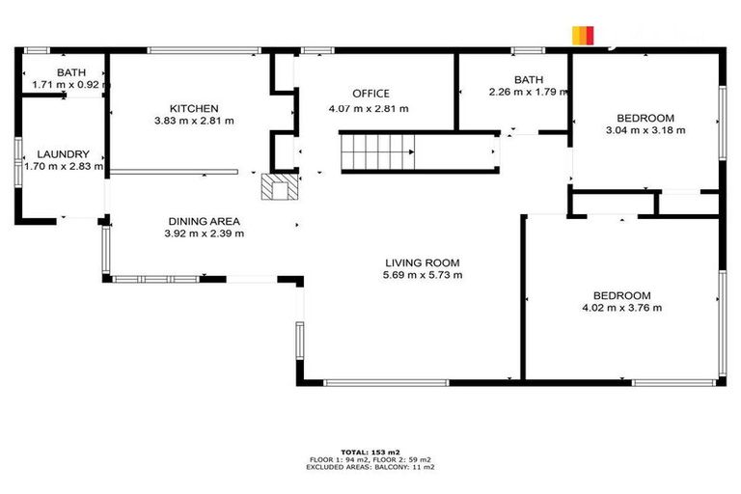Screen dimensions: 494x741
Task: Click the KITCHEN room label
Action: (x=194, y=108)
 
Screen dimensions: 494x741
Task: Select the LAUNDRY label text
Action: (x=63, y=154)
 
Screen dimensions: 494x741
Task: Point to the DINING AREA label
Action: (x=204, y=221)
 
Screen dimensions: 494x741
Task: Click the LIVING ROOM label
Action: (x=422, y=262)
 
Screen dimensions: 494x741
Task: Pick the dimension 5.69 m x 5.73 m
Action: (x=422, y=275)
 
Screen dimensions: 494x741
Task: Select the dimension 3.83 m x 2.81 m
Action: (x=194, y=121)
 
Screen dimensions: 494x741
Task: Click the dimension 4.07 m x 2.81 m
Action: (x=370, y=108)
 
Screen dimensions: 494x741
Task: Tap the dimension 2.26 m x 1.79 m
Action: (x=528, y=93)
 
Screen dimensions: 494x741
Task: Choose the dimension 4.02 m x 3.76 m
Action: (x=621, y=308)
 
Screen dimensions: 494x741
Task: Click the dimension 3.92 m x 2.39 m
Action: (x=204, y=233)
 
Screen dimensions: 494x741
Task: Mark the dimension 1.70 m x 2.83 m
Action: (x=62, y=167)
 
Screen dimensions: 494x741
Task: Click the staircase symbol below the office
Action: (x=376, y=152)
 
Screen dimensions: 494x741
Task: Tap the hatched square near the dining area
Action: (x=278, y=186)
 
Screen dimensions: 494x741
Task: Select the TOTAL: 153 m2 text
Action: (x=370, y=452)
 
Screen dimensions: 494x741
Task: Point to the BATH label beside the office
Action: (x=528, y=80)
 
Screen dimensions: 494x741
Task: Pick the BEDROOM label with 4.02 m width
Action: (x=621, y=295)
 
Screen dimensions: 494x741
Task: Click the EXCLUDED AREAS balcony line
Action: (x=370, y=467)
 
